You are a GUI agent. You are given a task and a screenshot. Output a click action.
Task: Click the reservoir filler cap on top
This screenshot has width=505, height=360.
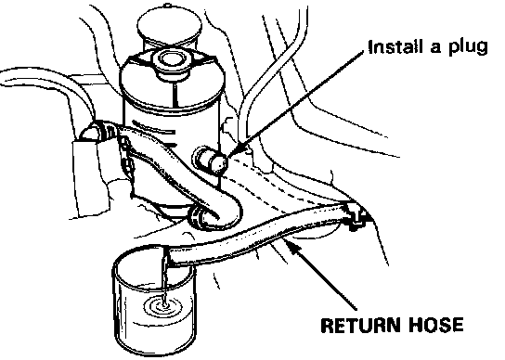(172, 63)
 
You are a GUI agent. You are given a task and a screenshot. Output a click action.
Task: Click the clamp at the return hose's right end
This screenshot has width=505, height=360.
(355, 216)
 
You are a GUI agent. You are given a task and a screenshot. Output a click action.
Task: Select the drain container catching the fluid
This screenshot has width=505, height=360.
(154, 300)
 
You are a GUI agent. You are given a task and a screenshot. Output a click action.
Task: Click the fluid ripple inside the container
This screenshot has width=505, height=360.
(165, 306)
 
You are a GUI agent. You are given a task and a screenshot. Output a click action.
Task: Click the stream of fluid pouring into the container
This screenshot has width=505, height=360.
(165, 280)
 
